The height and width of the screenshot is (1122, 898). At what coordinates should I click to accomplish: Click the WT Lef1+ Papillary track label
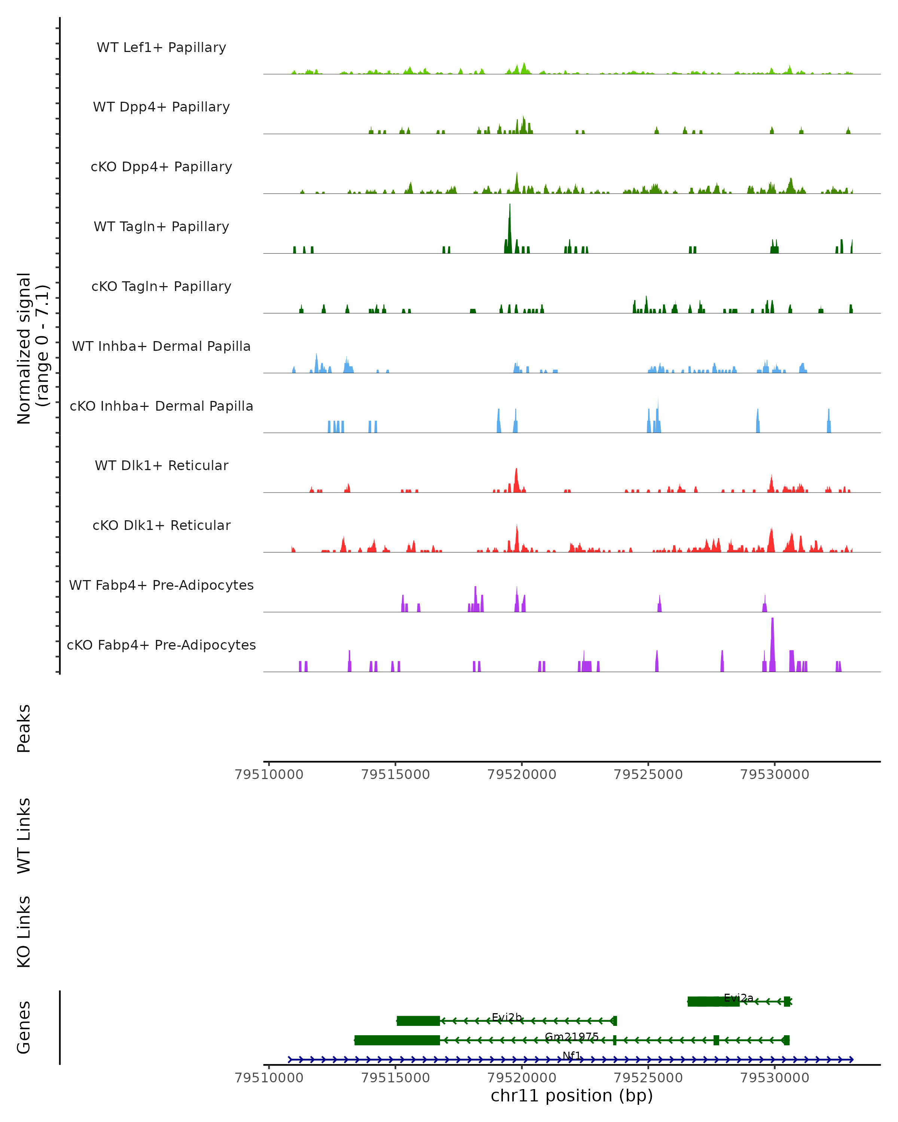click(x=161, y=47)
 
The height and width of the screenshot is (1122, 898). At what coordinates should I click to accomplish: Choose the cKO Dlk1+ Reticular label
click(x=161, y=525)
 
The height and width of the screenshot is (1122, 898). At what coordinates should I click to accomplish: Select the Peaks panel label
click(x=24, y=728)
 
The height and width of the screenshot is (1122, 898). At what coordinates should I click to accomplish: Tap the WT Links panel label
click(x=24, y=835)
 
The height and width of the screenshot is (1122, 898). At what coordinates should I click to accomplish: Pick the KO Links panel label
click(x=24, y=932)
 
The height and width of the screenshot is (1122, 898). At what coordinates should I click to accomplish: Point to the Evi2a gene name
click(x=738, y=997)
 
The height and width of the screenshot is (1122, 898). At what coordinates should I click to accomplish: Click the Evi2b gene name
click(x=507, y=1017)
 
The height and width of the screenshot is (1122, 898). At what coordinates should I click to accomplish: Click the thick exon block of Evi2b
click(x=418, y=1021)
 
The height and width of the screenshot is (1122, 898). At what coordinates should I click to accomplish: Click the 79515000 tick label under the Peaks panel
click(x=395, y=775)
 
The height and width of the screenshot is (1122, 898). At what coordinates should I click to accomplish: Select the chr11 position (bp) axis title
click(x=572, y=1096)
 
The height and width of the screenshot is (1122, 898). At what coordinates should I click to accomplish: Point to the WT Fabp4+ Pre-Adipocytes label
click(x=161, y=585)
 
